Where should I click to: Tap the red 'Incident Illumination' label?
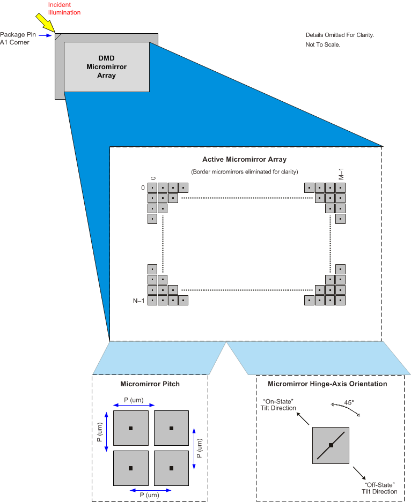(x=64, y=9)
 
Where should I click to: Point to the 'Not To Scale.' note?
(x=319, y=44)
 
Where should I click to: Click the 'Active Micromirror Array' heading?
(x=244, y=159)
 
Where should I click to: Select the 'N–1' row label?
(x=138, y=301)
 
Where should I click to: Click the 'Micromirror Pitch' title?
(x=150, y=384)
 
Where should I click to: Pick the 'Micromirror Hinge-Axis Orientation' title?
(x=327, y=384)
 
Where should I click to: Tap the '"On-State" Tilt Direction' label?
(x=278, y=404)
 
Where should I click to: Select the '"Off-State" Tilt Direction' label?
(x=380, y=488)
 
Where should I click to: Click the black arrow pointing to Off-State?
(x=360, y=473)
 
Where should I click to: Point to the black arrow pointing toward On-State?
(x=304, y=419)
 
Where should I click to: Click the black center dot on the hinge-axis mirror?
(x=331, y=445)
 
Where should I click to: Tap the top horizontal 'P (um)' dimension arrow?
(x=130, y=406)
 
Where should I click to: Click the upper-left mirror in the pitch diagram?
(x=130, y=428)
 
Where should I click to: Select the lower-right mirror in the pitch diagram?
(x=171, y=468)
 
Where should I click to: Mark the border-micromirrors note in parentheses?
(x=244, y=171)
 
